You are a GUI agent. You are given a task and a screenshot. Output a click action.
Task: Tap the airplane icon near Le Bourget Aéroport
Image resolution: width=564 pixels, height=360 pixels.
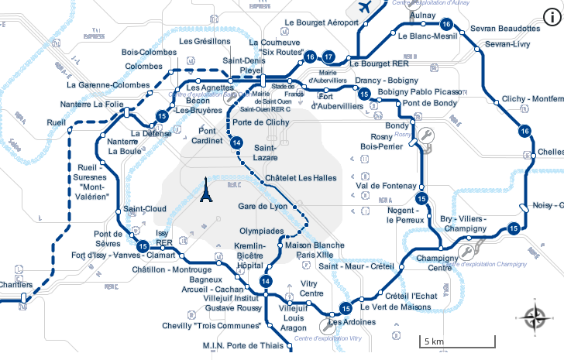pyautogui.click(x=366, y=7)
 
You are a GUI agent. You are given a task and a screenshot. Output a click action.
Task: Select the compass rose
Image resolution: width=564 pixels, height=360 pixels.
pyautogui.click(x=535, y=318)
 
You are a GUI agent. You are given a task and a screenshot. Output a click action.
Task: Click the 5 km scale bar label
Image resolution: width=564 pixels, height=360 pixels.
pyautogui.click(x=433, y=341)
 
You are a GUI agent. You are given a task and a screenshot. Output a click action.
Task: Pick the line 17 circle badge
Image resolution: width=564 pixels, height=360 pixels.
pyautogui.click(x=328, y=57)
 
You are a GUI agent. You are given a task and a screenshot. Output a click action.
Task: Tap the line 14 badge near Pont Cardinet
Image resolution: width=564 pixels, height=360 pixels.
pyautogui.click(x=237, y=142)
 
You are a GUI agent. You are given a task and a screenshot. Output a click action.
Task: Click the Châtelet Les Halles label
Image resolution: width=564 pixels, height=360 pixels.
pyautogui.click(x=301, y=178)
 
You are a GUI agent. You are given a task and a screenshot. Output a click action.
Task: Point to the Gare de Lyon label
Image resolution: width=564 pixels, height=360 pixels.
pyautogui.click(x=263, y=206)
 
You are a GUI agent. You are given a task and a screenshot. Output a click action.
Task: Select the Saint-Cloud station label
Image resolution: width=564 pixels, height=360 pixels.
pyautogui.click(x=145, y=209)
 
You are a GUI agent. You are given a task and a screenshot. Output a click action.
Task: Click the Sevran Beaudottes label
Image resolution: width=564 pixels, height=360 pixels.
pyautogui.click(x=505, y=29)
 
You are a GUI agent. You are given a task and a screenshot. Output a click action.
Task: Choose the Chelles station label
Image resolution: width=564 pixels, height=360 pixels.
pyautogui.click(x=550, y=152)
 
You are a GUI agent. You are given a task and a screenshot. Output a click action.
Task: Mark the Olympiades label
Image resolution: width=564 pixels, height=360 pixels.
pyautogui.click(x=261, y=231)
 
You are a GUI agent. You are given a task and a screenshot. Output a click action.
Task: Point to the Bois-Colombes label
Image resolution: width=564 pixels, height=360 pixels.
pyautogui.click(x=149, y=53)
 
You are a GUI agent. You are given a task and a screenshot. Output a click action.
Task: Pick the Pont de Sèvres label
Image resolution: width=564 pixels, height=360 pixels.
pyautogui.click(x=108, y=238)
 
